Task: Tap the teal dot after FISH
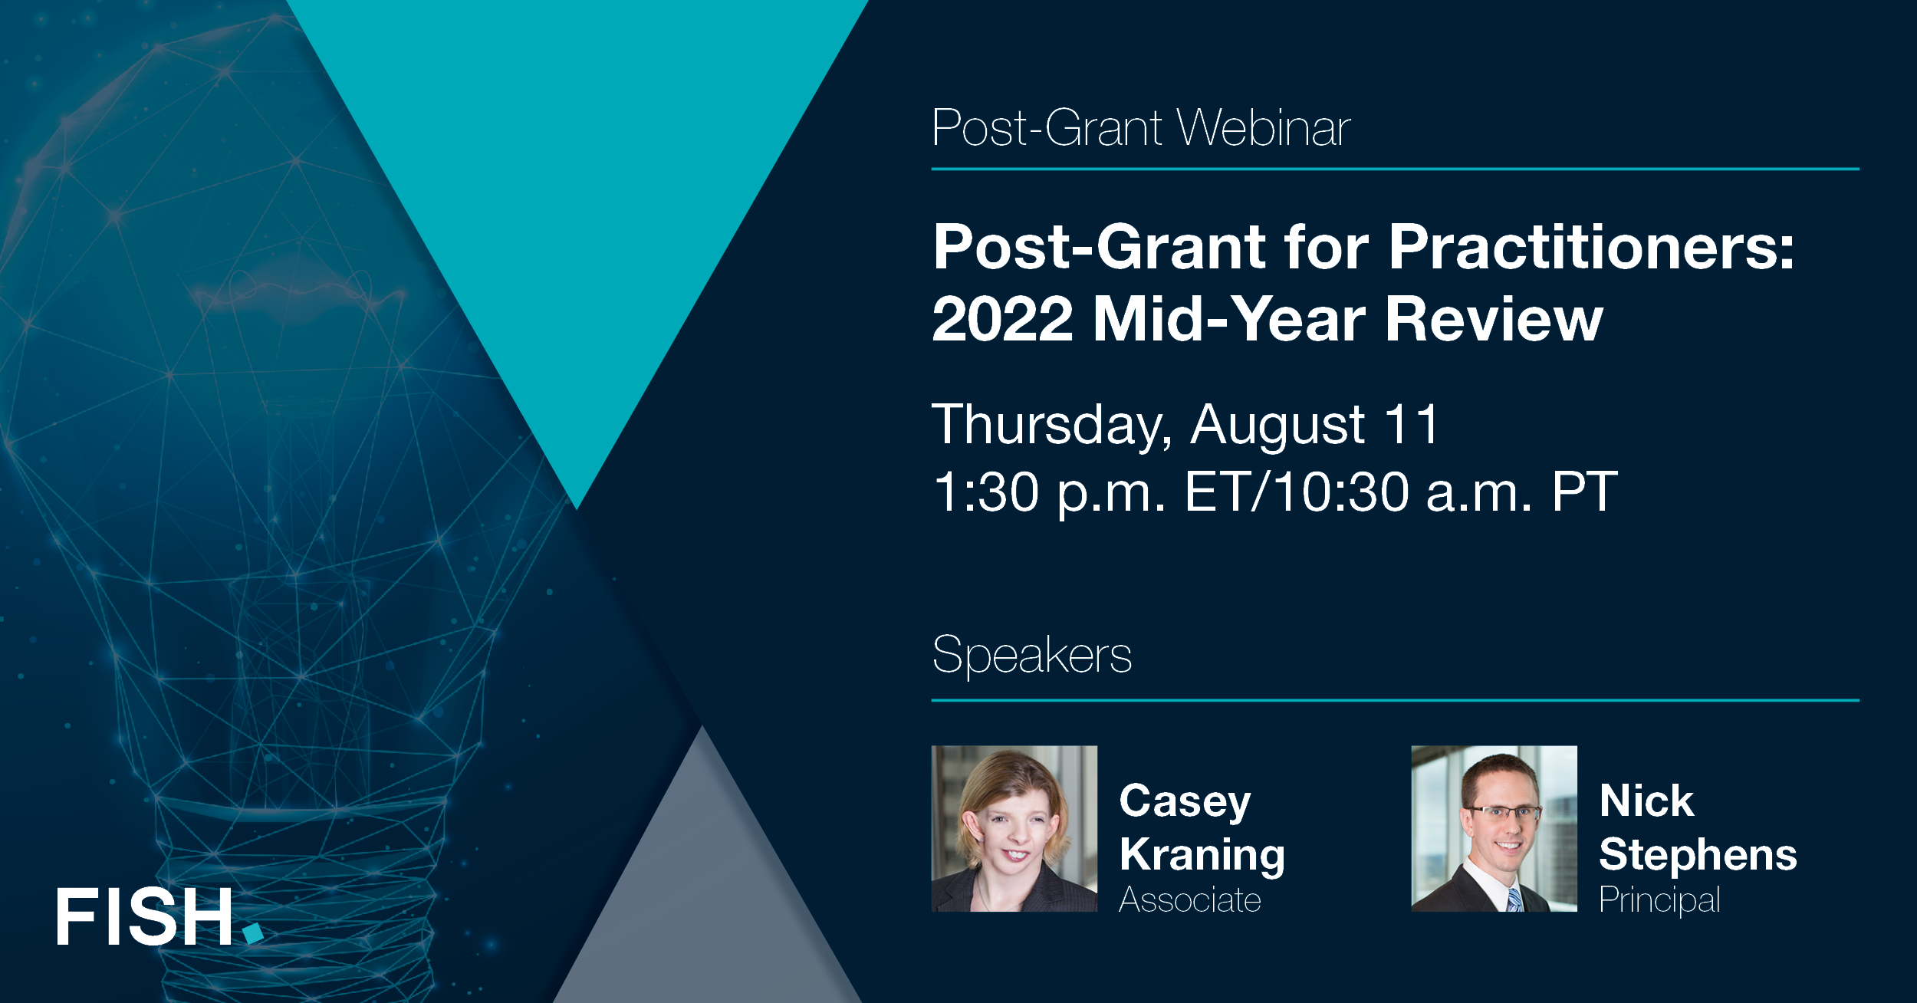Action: [x=253, y=932]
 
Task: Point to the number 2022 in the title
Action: [x=1002, y=319]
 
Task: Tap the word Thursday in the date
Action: [x=1051, y=424]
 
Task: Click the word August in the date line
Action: [x=1277, y=424]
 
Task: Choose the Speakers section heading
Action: [x=1031, y=656]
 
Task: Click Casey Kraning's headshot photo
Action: [x=1014, y=828]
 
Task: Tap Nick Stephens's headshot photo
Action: [x=1494, y=828]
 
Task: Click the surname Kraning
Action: [x=1202, y=856]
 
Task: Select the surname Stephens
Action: [x=1698, y=854]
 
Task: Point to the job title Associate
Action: [x=1189, y=899]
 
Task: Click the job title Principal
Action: [x=1659, y=899]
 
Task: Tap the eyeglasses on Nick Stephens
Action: [x=1503, y=812]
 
